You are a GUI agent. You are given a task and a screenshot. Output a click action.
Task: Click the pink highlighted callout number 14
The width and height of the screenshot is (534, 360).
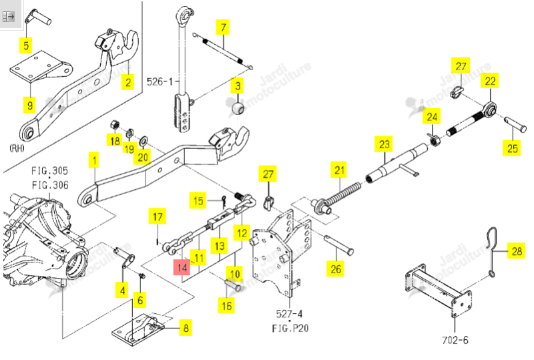point(182,267)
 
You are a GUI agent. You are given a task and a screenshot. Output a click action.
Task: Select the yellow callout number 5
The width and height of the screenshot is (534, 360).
point(26,45)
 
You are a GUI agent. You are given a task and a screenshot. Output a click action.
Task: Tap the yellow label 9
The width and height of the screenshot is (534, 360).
point(30,105)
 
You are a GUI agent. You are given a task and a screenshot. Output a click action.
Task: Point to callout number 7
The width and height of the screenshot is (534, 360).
point(223,27)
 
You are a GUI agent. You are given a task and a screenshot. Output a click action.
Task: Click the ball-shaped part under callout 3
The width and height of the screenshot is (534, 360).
point(238,109)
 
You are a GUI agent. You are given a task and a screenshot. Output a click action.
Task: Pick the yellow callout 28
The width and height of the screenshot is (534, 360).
point(517,251)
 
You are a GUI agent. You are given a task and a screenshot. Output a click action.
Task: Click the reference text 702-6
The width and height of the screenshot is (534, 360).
point(455,340)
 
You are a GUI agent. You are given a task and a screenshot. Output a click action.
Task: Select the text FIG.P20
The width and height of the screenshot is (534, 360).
point(290,328)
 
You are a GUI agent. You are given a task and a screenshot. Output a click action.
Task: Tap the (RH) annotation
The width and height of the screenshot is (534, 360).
point(17,148)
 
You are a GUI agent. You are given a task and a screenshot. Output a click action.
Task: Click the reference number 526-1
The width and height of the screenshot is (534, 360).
point(160,81)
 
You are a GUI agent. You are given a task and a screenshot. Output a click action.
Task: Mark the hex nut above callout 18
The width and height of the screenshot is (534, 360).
point(115,125)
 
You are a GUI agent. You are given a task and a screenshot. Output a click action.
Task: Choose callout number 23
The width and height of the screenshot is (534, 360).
point(384,144)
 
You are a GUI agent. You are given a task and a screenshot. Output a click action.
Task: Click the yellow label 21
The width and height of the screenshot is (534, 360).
point(339,170)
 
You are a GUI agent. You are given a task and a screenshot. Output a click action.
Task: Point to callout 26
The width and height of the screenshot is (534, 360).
point(336,268)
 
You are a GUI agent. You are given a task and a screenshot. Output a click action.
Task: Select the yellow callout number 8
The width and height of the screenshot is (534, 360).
point(186,328)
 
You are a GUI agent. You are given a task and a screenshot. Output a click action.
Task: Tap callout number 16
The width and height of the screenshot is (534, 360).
point(226,305)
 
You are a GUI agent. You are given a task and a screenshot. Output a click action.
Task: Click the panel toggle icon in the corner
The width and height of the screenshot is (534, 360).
point(8,16)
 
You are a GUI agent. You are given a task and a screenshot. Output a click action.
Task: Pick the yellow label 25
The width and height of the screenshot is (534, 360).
point(512,148)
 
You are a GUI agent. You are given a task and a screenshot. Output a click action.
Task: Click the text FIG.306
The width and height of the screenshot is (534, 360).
point(50,185)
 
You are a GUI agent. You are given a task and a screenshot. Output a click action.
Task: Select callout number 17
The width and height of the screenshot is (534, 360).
point(158,216)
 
